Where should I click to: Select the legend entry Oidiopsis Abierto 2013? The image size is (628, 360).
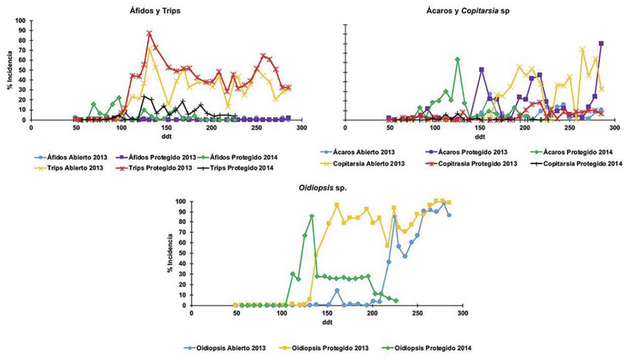[x=226, y=347]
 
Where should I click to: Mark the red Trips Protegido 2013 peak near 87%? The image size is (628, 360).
[x=150, y=33]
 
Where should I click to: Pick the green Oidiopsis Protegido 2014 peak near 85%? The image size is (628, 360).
[x=312, y=216]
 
